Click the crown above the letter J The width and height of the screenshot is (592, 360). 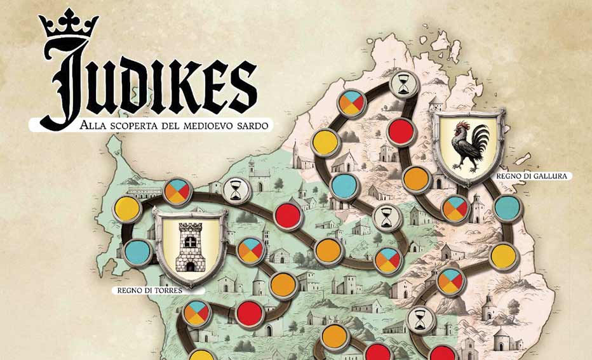tap(69, 25)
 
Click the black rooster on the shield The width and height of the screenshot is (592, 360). tap(470, 145)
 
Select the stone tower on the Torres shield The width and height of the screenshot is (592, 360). tap(189, 245)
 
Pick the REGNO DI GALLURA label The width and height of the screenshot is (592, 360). tap(541, 176)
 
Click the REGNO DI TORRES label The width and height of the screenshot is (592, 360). tap(150, 291)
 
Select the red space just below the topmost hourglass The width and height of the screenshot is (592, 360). tap(401, 131)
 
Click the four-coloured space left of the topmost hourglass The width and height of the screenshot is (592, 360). tap(351, 103)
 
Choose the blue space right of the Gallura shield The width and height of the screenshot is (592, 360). tap(507, 208)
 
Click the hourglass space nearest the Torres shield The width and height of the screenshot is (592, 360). tap(236, 189)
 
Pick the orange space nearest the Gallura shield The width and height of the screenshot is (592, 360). tap(415, 178)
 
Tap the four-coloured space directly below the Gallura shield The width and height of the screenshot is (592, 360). tap(455, 209)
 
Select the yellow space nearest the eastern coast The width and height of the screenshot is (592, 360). tap(504, 256)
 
